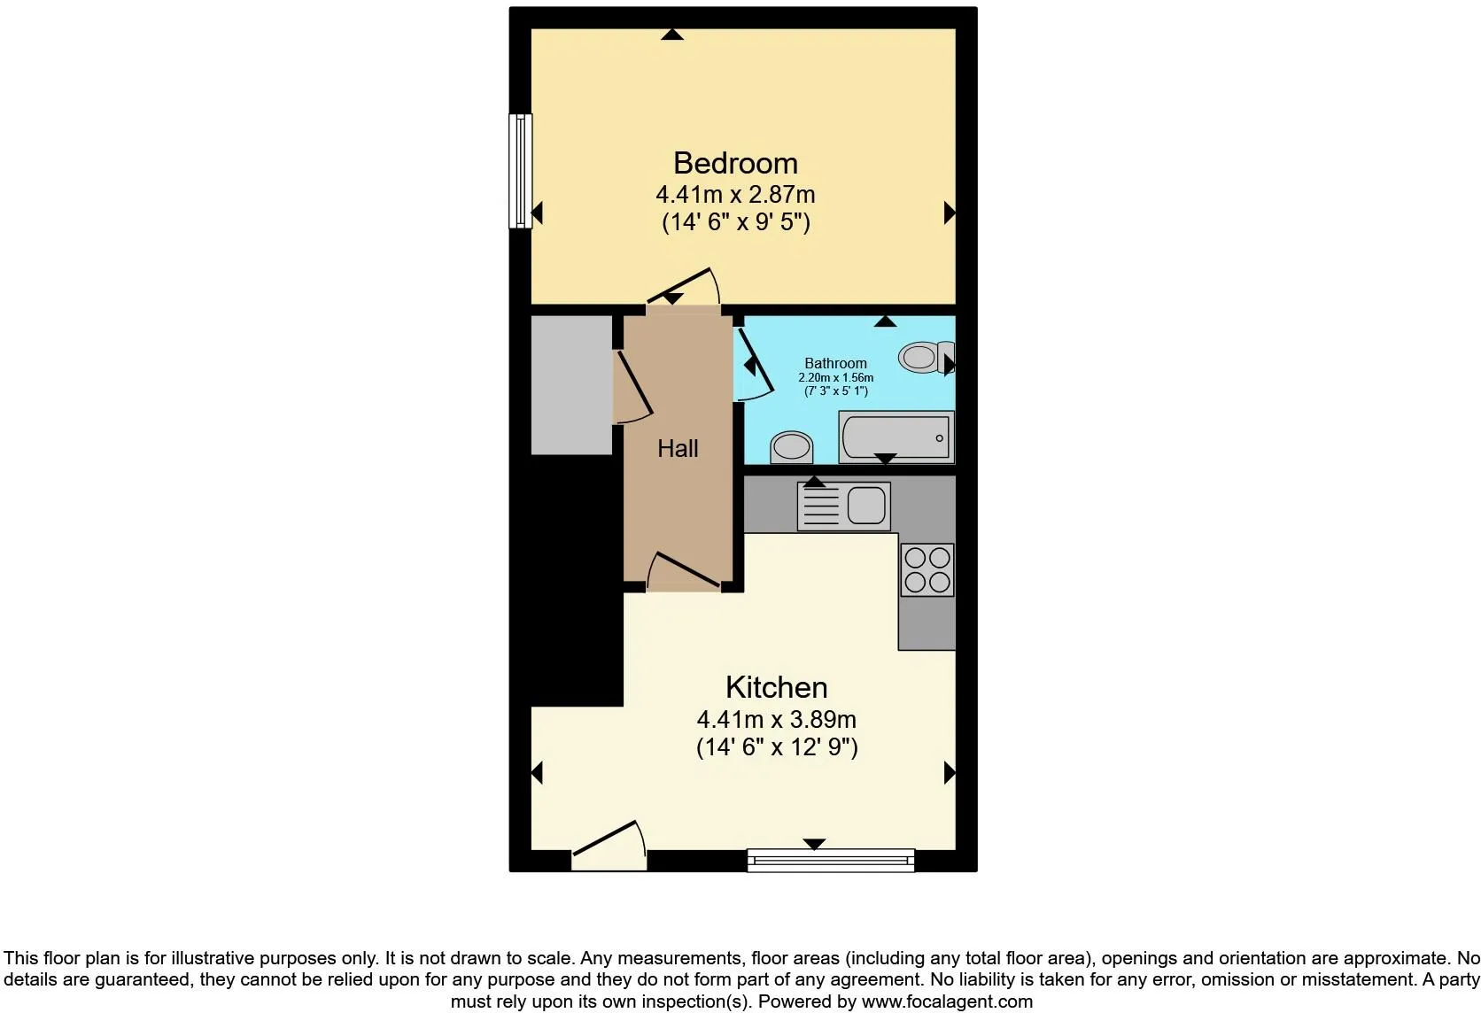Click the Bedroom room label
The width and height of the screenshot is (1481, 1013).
[x=735, y=163]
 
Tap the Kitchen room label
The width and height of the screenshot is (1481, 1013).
[x=776, y=687]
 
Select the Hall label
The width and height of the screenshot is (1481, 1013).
[x=678, y=449]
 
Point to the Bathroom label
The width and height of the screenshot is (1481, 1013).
[x=835, y=363]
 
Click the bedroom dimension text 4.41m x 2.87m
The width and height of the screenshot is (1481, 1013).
[x=735, y=195]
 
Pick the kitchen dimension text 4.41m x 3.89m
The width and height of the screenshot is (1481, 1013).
[x=776, y=719]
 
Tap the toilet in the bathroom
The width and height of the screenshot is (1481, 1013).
[x=927, y=358]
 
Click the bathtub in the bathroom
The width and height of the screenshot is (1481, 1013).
[x=896, y=437]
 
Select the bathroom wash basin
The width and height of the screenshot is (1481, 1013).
[x=791, y=447]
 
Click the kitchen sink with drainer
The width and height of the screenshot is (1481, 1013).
[x=843, y=506]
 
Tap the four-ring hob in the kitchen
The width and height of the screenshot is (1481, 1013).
[x=927, y=569]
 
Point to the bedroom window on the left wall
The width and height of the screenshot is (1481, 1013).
[x=520, y=171]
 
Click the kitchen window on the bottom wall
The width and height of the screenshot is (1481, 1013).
[x=831, y=861]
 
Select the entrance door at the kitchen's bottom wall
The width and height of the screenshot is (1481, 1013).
[x=609, y=846]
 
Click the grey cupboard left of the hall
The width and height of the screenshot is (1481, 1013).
[x=572, y=385]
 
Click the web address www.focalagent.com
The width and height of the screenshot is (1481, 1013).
[x=948, y=1001]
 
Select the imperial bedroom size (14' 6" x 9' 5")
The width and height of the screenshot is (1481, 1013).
[x=736, y=222]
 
